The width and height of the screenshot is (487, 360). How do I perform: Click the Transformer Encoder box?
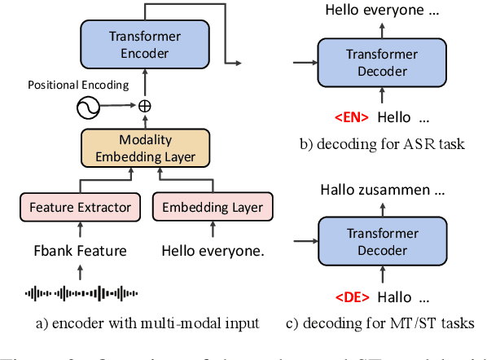click(145, 46)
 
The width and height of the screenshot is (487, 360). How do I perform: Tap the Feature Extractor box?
click(80, 208)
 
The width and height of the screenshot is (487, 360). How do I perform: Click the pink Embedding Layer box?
click(212, 208)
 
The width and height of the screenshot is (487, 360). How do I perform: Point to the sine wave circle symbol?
click(88, 106)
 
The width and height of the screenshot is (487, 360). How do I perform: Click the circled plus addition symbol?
click(145, 106)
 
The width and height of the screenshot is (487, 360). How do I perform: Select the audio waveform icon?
click(80, 292)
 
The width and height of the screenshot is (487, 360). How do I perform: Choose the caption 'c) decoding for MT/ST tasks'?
click(380, 324)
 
